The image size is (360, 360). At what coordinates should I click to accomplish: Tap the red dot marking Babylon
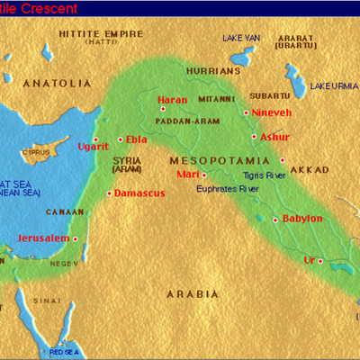coord(275,219)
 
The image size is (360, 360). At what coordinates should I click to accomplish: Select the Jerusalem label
coord(42,238)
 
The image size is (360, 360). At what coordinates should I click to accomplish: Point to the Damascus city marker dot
coord(109,193)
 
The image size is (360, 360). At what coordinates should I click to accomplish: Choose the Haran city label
coord(172,100)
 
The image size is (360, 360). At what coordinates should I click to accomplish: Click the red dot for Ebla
coord(120,139)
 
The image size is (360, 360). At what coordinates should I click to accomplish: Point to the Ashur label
coord(274,137)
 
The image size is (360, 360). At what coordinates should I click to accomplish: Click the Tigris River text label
coord(264,175)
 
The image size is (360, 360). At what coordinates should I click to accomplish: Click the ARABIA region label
coord(193,294)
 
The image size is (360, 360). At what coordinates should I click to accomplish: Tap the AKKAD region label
coord(310,169)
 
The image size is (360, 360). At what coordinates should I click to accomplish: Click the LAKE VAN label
coord(241,38)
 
